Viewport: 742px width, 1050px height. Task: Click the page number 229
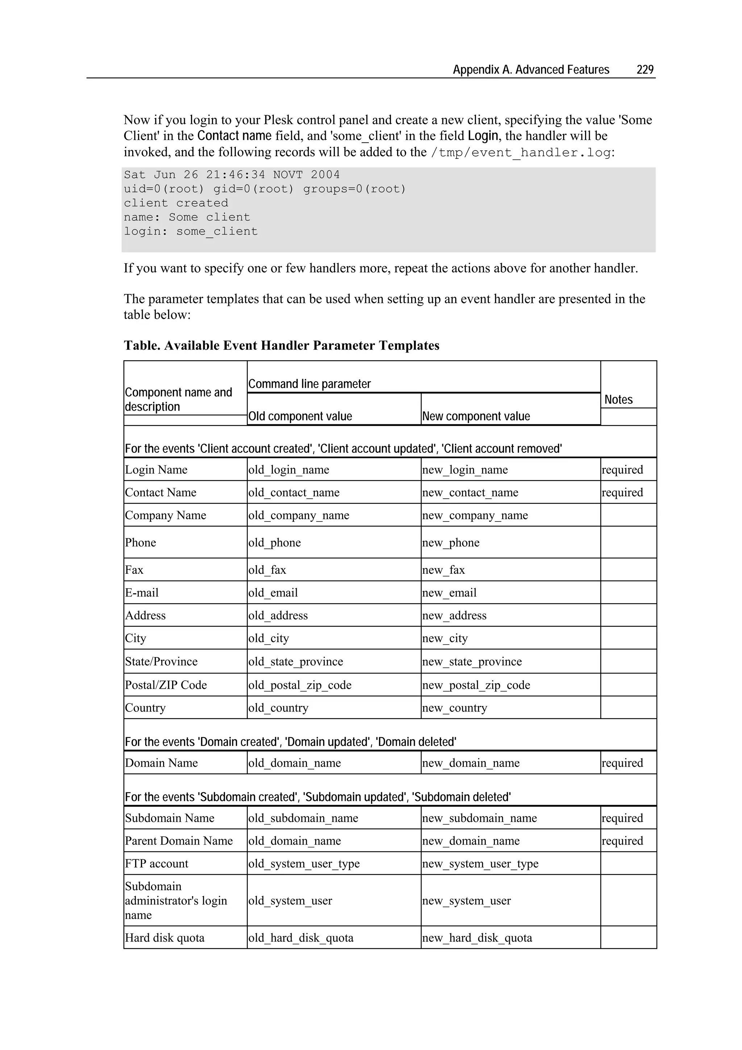point(645,70)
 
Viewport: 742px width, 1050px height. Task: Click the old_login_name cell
point(288,470)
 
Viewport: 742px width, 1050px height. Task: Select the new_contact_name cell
point(470,493)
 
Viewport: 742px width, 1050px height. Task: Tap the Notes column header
point(618,399)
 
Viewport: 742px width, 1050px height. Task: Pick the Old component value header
point(300,416)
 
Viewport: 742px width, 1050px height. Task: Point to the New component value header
point(476,416)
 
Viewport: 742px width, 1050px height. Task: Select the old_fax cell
point(267,570)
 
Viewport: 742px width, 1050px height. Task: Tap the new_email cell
point(449,593)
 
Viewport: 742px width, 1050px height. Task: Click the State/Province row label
point(161,661)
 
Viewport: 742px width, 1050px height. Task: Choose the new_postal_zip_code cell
point(476,685)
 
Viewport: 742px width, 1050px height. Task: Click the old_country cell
point(278,707)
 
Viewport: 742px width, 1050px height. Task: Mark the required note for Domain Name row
point(622,763)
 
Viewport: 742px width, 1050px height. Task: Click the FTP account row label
point(157,863)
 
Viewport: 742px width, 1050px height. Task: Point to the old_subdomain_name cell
point(303,818)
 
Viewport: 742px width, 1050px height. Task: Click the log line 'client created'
point(176,203)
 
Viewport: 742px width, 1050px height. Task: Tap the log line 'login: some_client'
point(191,231)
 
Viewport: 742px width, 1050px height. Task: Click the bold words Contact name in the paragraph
point(234,136)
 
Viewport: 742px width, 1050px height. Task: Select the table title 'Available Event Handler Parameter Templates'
point(281,345)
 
